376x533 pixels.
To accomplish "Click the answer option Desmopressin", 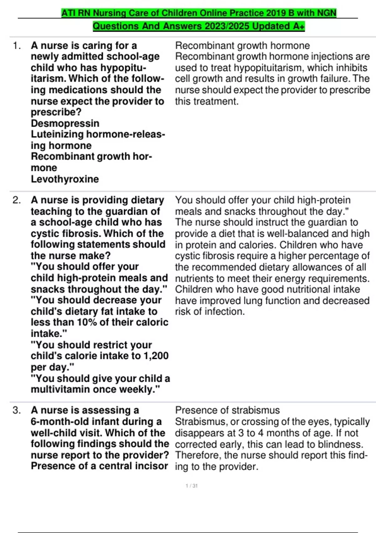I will point(65,123).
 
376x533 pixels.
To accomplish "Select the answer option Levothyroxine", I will point(65,179).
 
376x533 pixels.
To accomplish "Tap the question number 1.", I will point(17,46).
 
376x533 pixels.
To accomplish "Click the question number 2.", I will point(17,200).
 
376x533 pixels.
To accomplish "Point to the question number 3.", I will point(17,410).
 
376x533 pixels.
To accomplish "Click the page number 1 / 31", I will point(191,486).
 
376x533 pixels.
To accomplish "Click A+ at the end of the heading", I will point(299,26).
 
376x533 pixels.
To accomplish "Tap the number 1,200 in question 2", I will point(156,356).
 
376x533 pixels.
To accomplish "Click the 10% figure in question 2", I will point(87,322).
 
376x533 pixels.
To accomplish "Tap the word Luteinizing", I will point(57,134).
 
